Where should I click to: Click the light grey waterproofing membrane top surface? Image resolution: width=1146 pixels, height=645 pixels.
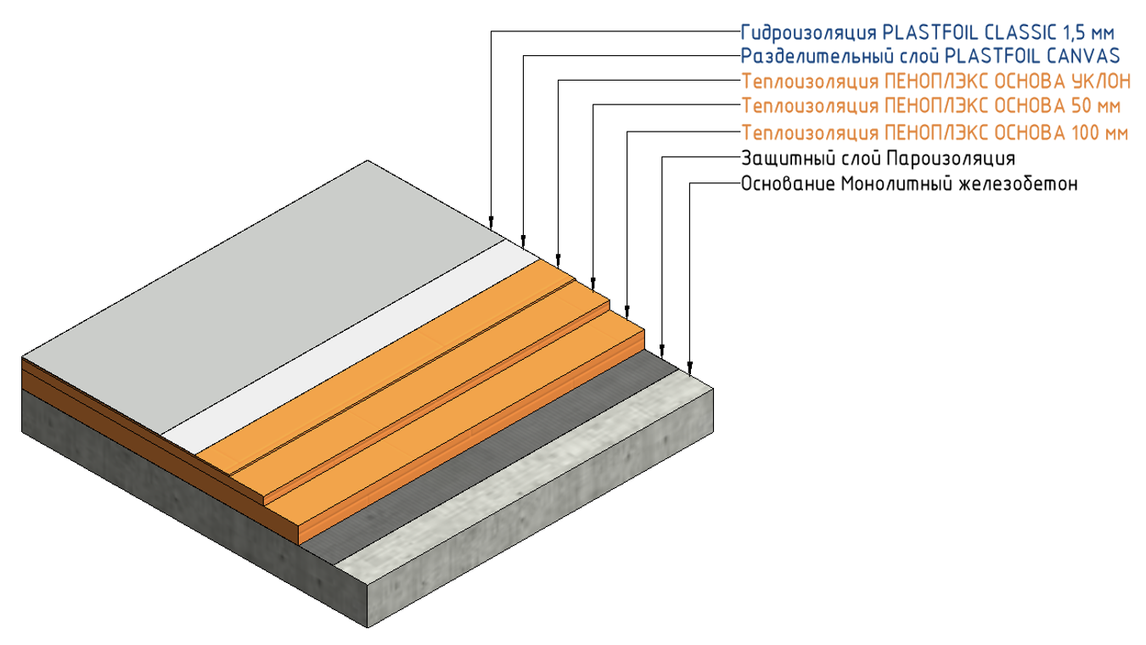(x=255, y=280)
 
